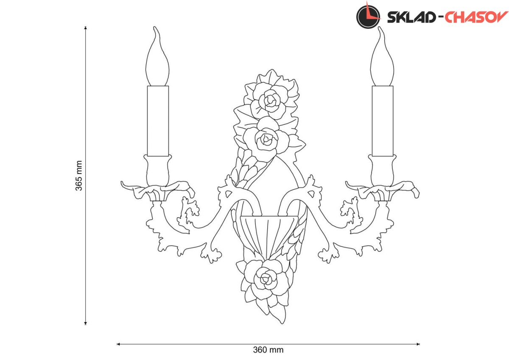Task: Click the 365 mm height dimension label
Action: click(78, 176)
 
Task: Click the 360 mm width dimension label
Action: click(268, 350)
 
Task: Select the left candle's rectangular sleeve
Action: click(158, 121)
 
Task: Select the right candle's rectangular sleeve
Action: click(383, 121)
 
